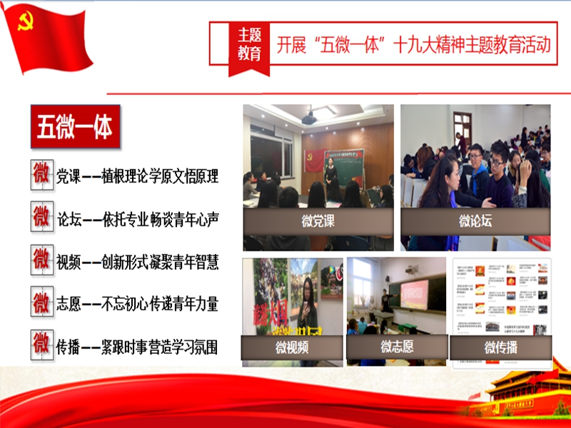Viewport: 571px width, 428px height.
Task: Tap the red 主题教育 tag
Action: tap(249, 44)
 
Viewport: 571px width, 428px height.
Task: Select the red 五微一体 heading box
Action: tap(75, 128)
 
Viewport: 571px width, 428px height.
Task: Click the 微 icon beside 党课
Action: tap(42, 175)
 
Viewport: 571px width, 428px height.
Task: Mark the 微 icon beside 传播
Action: tap(42, 346)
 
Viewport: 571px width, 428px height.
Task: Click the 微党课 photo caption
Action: tap(318, 221)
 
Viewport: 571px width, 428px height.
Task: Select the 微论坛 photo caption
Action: tap(475, 221)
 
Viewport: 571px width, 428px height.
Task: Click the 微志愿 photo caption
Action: tap(396, 347)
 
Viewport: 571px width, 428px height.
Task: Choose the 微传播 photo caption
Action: tap(500, 347)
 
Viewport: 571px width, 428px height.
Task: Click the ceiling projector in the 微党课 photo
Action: tap(310, 118)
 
